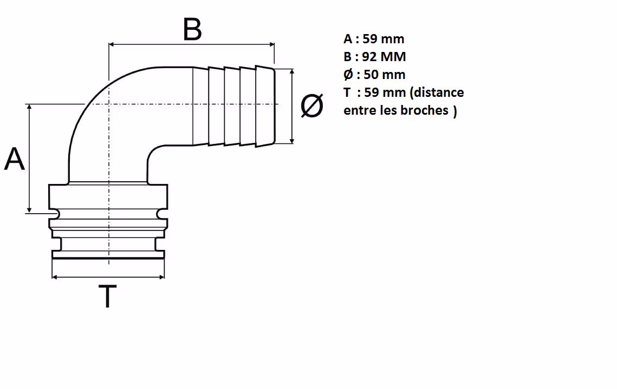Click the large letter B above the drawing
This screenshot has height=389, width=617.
[192, 29]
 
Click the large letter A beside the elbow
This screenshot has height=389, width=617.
[15, 159]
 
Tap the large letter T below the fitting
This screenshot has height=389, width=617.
[107, 296]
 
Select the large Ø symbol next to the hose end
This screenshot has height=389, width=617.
[312, 106]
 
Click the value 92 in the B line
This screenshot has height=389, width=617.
[369, 57]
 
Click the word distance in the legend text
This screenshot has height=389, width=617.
[439, 93]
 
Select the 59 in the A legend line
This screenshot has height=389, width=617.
[369, 39]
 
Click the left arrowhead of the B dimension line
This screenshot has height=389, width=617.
[112, 44]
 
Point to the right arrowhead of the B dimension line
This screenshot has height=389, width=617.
[271, 44]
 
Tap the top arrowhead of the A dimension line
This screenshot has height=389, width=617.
[29, 107]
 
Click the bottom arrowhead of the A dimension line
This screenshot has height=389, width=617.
[29, 210]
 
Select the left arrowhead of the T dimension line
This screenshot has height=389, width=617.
[55, 277]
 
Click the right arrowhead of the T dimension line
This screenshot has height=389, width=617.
[161, 277]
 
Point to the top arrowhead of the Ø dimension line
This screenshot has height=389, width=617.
[291, 72]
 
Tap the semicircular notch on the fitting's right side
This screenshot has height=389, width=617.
[161, 213]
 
